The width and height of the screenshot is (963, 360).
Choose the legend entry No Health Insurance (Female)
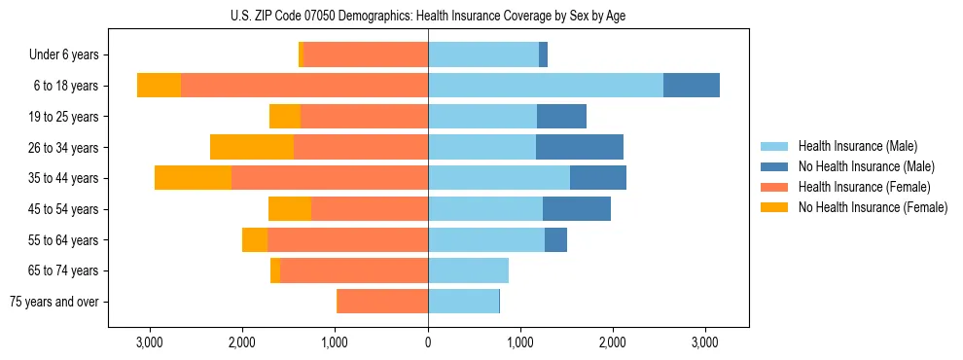pos(873,207)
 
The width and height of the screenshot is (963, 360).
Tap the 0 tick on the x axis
pos(428,342)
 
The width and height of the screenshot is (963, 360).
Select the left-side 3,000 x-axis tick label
pos(150,342)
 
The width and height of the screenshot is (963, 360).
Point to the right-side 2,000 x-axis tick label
pos(613,342)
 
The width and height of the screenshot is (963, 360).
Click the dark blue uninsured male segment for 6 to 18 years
pos(692,86)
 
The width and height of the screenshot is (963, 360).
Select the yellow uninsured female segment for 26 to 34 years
pos(252,147)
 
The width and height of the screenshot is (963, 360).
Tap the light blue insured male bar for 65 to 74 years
pos(468,270)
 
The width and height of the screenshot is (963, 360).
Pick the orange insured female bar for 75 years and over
pos(383,302)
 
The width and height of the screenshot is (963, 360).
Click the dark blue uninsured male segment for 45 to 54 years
pos(577,209)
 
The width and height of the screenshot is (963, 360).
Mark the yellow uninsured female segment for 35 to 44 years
pos(193,178)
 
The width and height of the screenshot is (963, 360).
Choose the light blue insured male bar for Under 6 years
pos(483,54)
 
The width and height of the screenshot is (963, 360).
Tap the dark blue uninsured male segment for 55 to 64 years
pos(555,240)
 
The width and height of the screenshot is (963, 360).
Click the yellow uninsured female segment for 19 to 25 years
pos(285,117)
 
